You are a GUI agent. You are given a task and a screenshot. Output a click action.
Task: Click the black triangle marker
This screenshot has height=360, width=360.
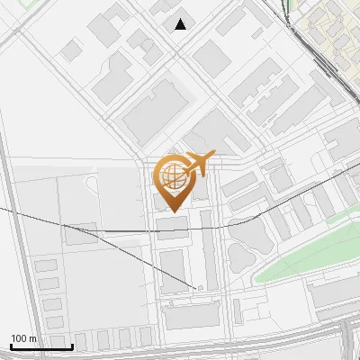coord(181,24)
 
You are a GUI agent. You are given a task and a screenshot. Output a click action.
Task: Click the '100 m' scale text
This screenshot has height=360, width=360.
coord(23,338)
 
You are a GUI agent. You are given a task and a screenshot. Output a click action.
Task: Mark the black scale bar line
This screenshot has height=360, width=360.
coord(41,346)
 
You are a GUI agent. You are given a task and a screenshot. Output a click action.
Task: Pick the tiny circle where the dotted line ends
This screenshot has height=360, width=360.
coord(200,288)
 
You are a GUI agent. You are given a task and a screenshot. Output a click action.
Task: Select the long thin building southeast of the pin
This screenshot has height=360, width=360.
coord(208,248)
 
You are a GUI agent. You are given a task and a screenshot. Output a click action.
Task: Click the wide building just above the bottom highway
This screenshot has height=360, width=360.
coord(192,315)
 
